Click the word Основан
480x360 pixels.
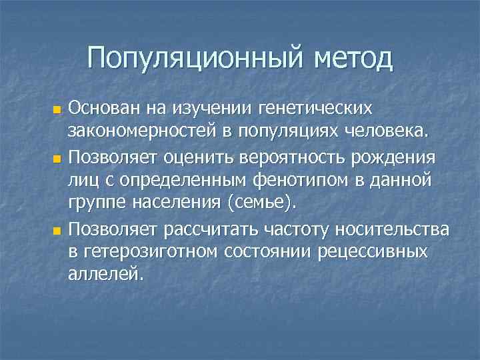click(x=100, y=107)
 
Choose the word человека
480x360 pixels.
click(x=401, y=129)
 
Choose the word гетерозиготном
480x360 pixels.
click(x=147, y=252)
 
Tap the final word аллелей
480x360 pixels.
click(x=105, y=273)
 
